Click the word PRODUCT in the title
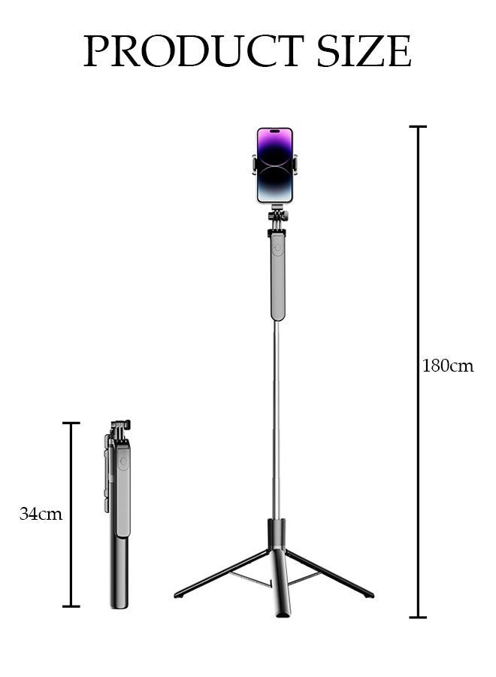click(193, 51)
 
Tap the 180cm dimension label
click(448, 366)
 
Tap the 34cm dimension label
click(41, 515)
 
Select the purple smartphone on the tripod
click(274, 165)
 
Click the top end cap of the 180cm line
click(418, 127)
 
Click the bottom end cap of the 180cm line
click(418, 617)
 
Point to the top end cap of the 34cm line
click(71, 423)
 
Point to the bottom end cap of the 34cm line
click(71, 606)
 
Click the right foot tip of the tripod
click(369, 594)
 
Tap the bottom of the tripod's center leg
click(282, 613)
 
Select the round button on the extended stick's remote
click(277, 247)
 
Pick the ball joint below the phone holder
click(277, 217)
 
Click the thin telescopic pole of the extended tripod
click(276, 421)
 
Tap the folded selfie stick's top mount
click(120, 428)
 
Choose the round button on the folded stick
click(122, 463)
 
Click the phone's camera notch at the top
click(274, 132)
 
